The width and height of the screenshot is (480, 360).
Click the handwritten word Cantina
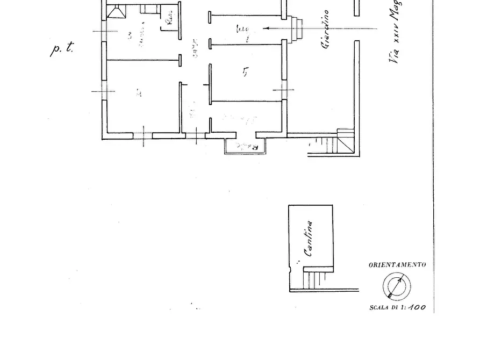click(x=309, y=239)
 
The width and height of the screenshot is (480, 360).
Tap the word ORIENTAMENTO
click(x=397, y=265)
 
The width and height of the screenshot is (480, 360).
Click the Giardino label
click(x=326, y=31)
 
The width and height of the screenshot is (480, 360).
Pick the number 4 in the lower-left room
click(x=139, y=93)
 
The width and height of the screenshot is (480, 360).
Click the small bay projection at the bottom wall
click(x=245, y=147)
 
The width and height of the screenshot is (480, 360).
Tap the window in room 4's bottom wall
click(x=143, y=135)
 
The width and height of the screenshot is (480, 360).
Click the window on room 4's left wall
click(x=104, y=91)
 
